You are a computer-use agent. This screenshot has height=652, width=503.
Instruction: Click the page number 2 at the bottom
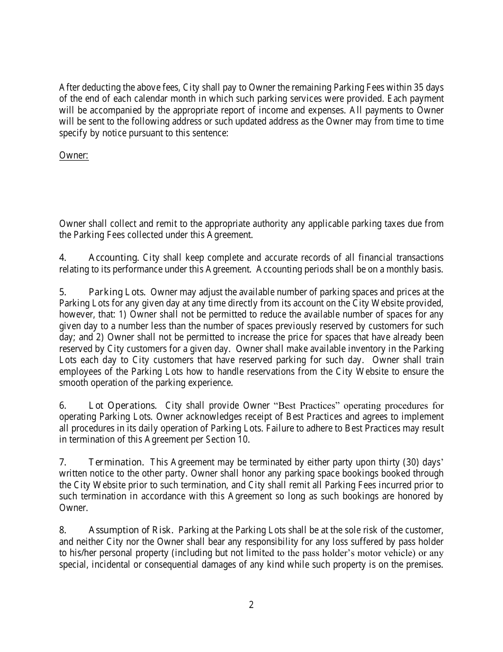pos(251,605)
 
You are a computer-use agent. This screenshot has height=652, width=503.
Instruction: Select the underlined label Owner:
pos(74,155)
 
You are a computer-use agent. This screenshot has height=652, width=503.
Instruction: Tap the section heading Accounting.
pos(113,258)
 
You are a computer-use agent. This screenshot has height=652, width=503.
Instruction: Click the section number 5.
pos(62,292)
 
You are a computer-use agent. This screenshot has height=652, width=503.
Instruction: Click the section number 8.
pos(62,530)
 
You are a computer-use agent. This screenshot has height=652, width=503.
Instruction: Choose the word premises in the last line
pos(425,565)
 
